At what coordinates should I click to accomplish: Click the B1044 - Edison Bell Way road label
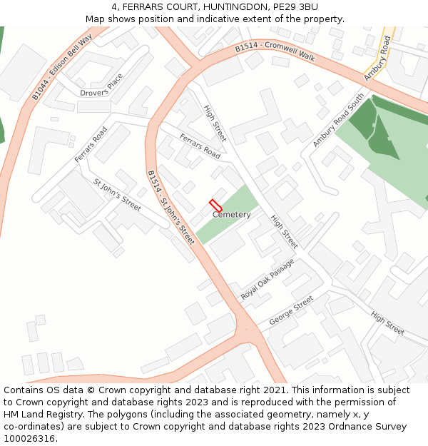[x=62, y=66]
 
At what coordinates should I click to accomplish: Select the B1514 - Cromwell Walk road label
[x=275, y=51]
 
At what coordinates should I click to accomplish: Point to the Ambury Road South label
[x=337, y=120]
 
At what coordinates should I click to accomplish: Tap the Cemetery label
[x=231, y=215]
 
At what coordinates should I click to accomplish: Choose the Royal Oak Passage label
[x=267, y=280]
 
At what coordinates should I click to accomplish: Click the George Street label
[x=291, y=312]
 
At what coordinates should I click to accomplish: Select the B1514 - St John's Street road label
[x=170, y=208]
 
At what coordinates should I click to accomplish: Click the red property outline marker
[x=216, y=206]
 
